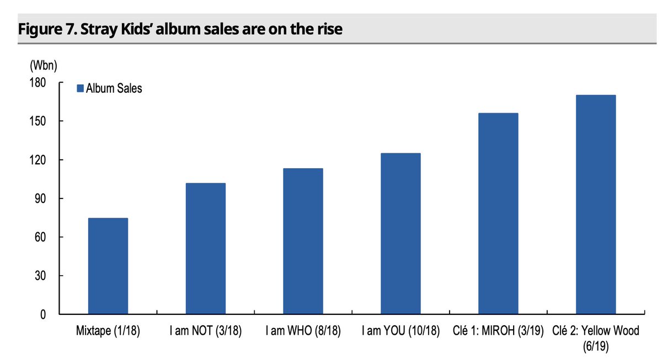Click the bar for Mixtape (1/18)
[x=108, y=266]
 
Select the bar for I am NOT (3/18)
[x=205, y=249]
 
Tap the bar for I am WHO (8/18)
[x=303, y=241]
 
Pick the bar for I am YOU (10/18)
[x=401, y=234]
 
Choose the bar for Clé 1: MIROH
[x=498, y=214]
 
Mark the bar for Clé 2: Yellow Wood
[x=596, y=205]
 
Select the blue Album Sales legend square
[x=79, y=89]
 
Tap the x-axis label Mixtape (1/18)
[x=108, y=332]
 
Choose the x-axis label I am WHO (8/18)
[x=303, y=332]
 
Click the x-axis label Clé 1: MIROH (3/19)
[x=498, y=332]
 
